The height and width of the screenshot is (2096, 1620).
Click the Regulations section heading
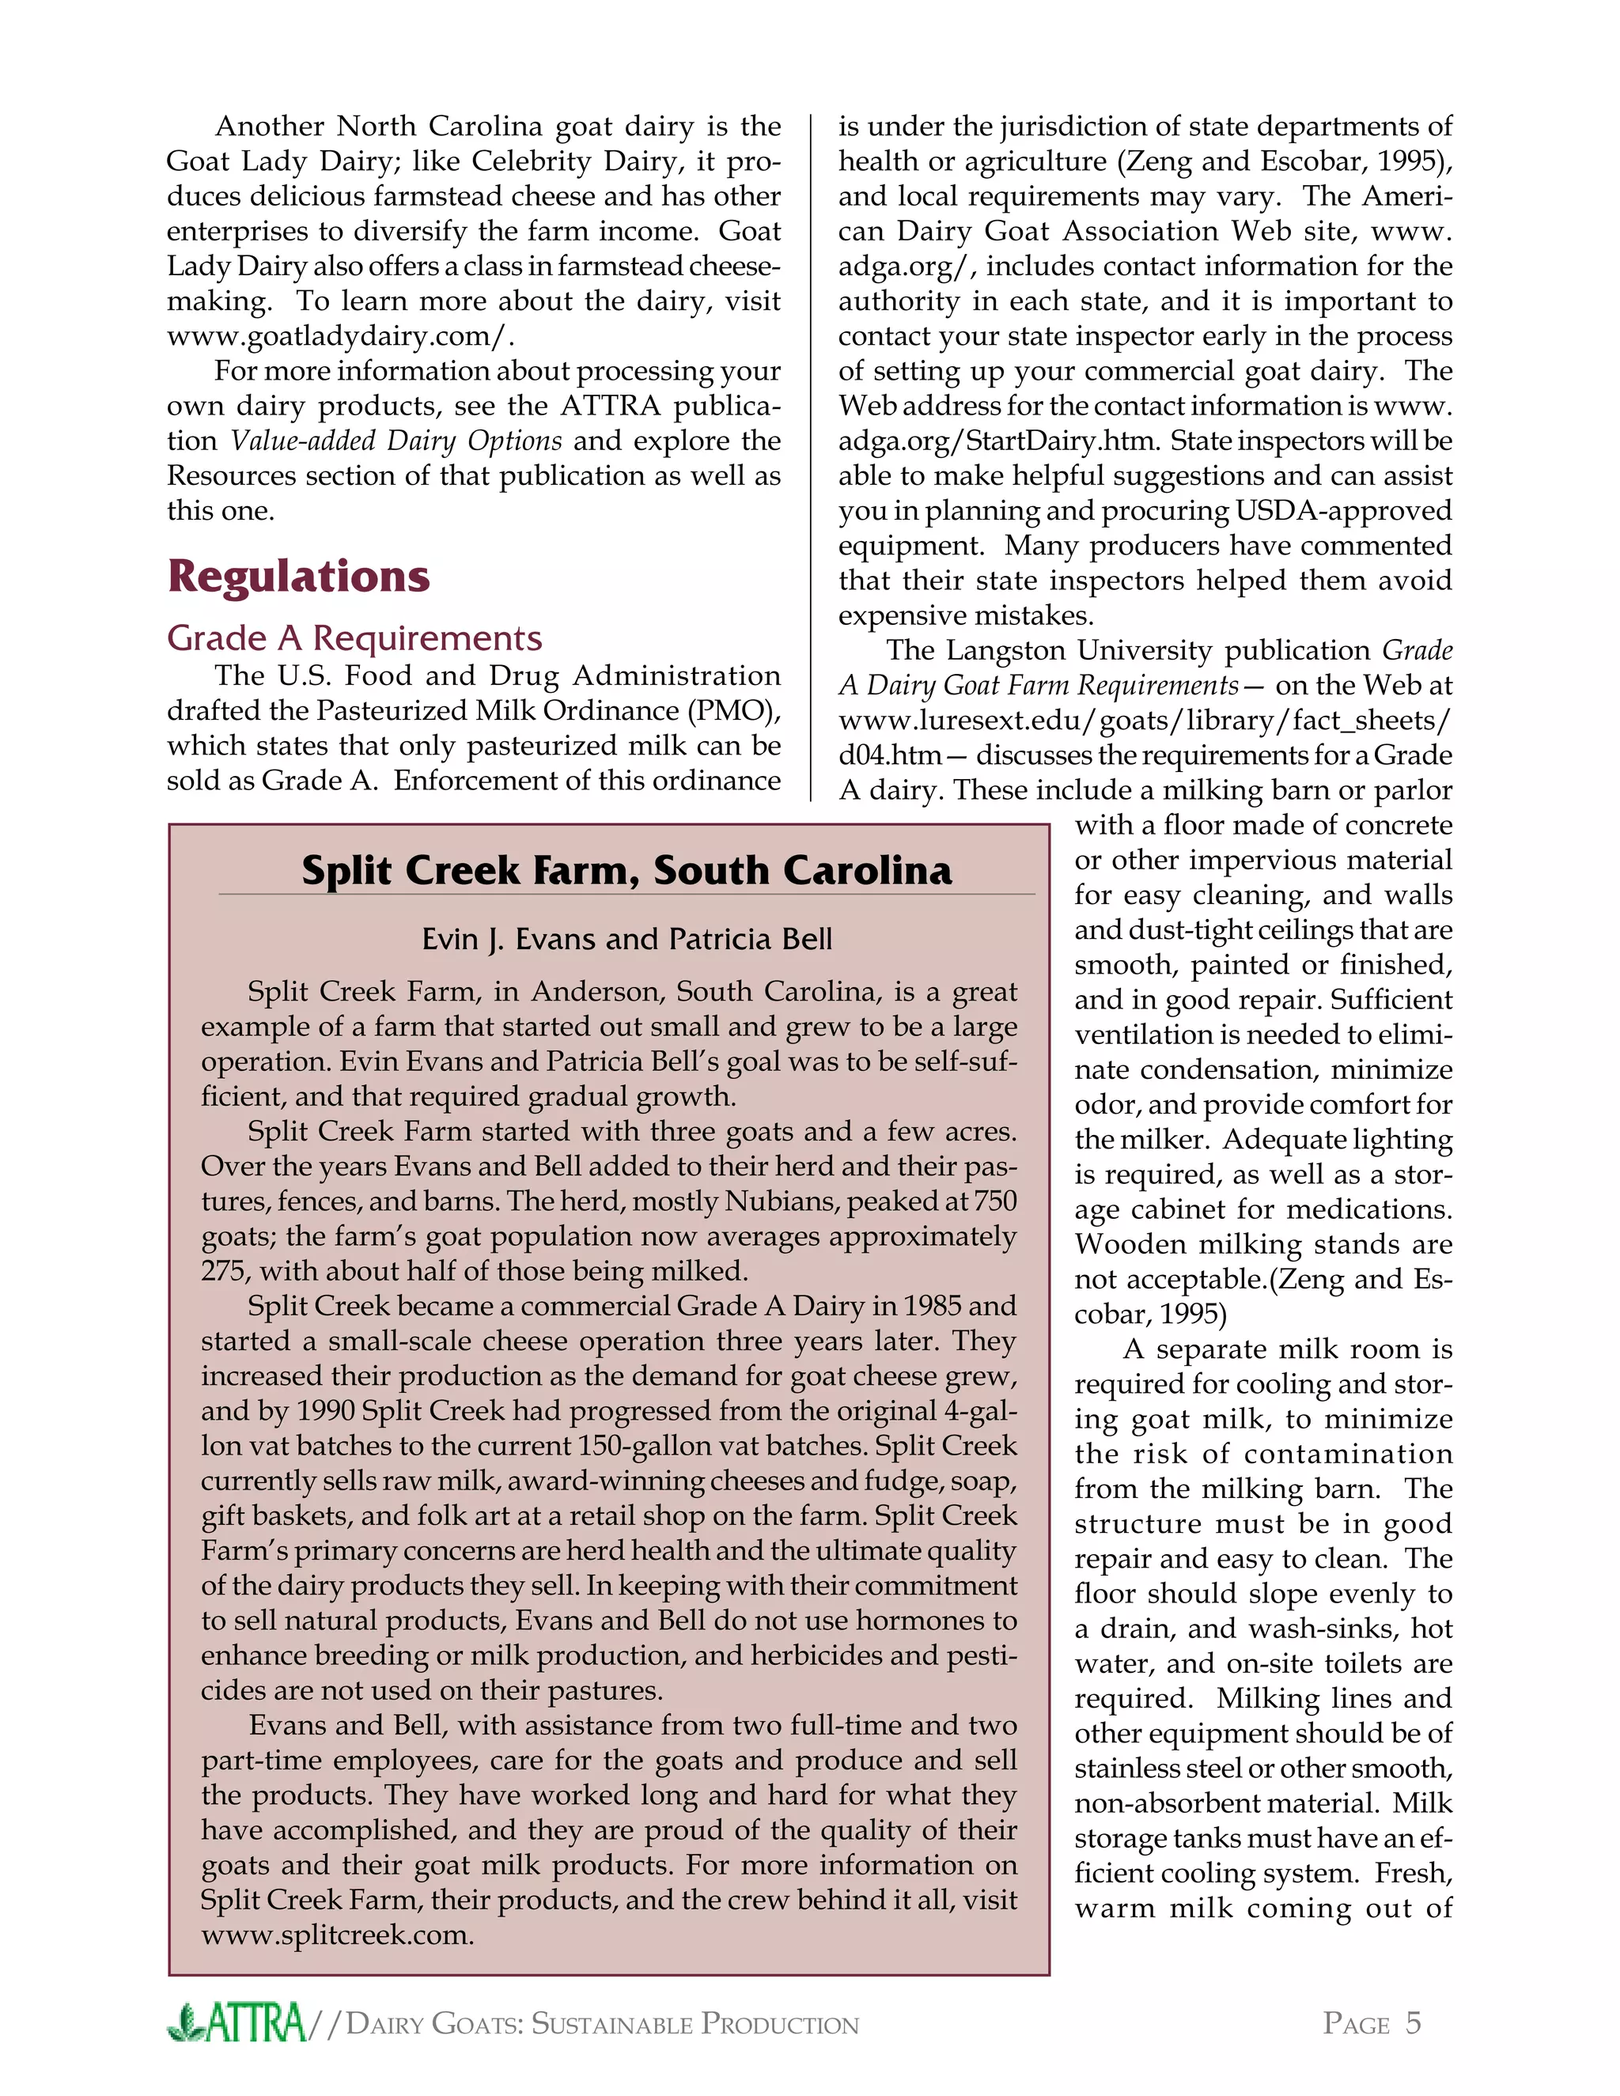[298, 576]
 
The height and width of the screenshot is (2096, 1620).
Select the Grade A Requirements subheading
[354, 638]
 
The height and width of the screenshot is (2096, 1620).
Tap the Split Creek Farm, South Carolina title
[626, 871]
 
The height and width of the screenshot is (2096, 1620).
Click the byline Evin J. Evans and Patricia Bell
[626, 939]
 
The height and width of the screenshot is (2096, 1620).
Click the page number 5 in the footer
[1413, 2023]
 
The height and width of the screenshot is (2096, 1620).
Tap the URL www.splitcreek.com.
[337, 1935]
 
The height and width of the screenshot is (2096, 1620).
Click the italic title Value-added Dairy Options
[396, 441]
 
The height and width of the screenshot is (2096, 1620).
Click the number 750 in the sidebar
[994, 1201]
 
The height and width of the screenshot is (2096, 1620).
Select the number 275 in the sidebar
[225, 1272]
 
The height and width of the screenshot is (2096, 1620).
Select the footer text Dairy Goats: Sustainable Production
[602, 2024]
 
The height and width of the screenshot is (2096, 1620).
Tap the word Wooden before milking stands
[1129, 1245]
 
